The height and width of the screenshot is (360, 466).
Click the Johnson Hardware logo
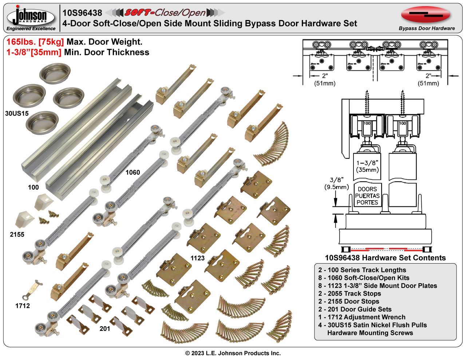(31, 16)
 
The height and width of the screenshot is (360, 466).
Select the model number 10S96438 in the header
(82, 13)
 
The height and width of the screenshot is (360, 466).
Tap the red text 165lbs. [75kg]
(35, 42)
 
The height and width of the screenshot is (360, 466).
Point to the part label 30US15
(17, 113)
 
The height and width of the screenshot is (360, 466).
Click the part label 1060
(133, 172)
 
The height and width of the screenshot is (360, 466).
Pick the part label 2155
(17, 234)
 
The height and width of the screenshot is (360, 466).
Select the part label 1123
(198, 258)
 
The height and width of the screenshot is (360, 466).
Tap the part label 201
(105, 329)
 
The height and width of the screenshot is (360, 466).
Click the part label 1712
(23, 306)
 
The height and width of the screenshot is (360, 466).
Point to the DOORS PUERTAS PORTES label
(367, 196)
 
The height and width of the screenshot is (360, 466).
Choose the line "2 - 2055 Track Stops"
(349, 293)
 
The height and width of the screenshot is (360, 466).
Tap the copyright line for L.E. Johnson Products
(233, 353)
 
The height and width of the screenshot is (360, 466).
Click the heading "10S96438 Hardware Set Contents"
(385, 258)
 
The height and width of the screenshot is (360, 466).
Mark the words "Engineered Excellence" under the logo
(31, 29)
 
